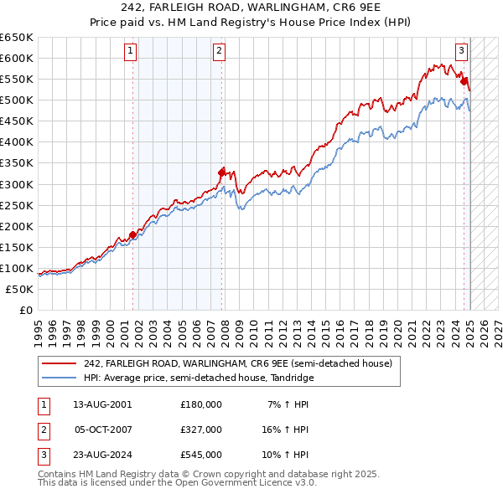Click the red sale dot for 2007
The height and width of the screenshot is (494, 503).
click(x=222, y=172)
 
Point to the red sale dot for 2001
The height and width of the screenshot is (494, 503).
click(x=132, y=234)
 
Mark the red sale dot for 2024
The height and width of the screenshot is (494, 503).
click(x=464, y=80)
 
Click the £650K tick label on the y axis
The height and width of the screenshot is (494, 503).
click(x=17, y=38)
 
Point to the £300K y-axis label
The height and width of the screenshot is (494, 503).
click(x=17, y=184)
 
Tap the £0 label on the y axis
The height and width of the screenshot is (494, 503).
click(x=25, y=310)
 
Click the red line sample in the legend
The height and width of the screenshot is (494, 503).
click(x=59, y=363)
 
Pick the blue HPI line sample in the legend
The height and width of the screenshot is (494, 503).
click(x=59, y=378)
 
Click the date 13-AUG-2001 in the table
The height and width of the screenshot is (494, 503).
click(x=102, y=404)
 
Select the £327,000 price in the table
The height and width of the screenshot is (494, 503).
click(x=201, y=430)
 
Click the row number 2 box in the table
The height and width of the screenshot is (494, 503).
click(x=42, y=430)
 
